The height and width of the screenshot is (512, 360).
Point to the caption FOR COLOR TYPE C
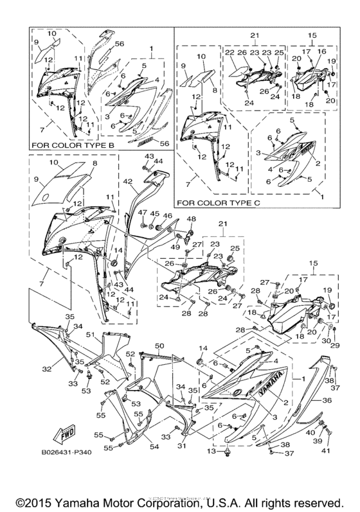215,202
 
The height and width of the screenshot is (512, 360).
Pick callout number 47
141,213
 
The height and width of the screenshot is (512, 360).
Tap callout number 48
190,219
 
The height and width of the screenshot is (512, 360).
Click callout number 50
160,346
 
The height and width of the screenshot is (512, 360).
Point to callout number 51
91,335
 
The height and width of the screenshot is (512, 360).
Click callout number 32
46,369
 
